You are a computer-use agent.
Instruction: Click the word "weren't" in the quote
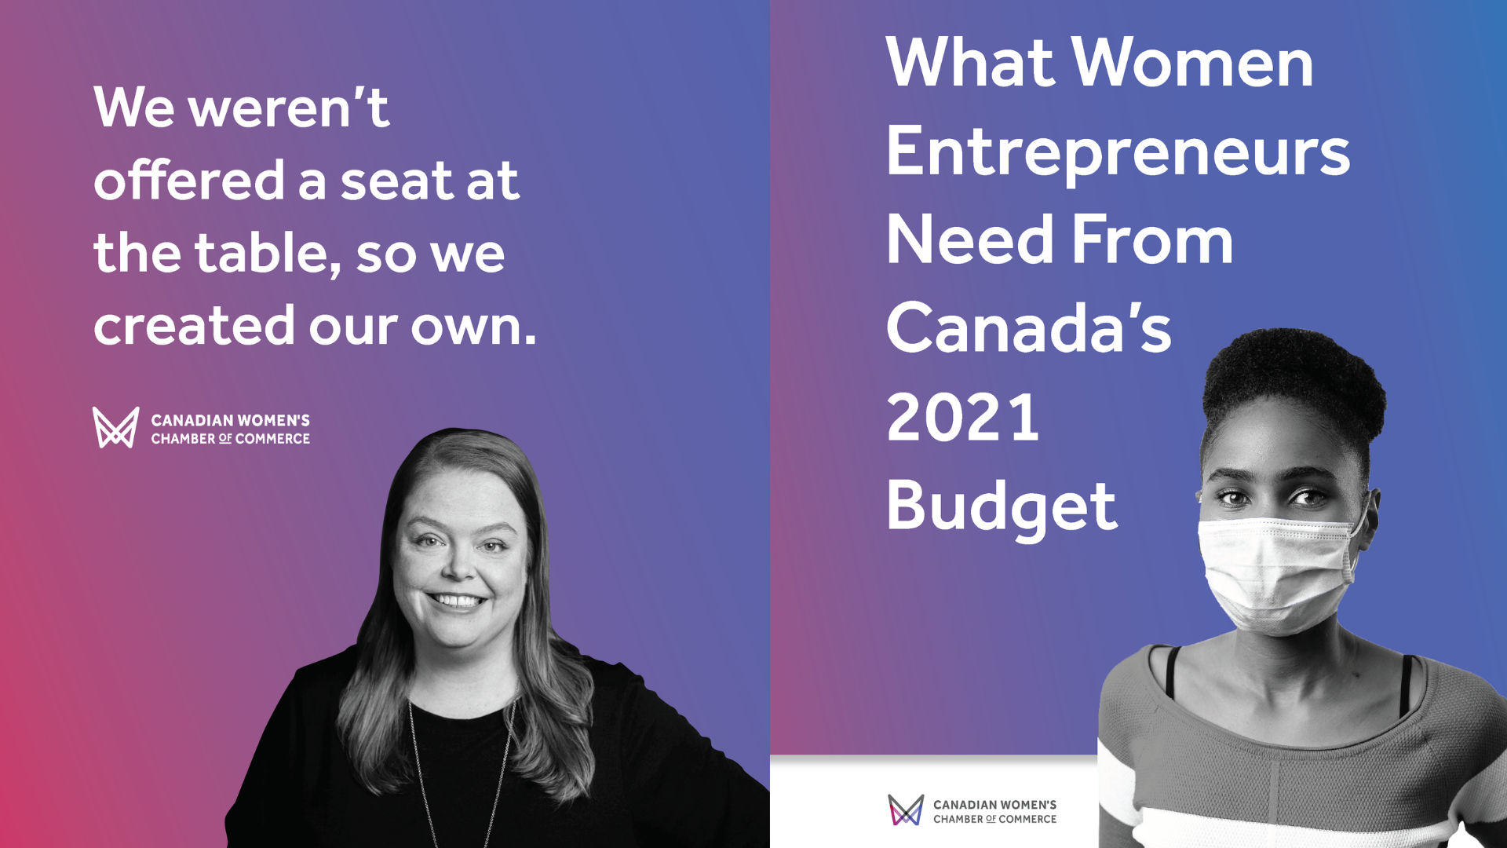[x=288, y=108]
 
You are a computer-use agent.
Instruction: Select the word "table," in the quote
[x=268, y=254]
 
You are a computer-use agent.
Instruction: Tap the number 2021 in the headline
[x=963, y=418]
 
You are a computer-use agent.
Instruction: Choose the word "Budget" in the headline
[x=1001, y=506]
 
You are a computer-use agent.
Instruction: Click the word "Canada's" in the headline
[x=1028, y=329]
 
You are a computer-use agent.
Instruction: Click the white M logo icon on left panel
[x=116, y=428]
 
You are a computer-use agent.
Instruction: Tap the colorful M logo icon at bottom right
[x=906, y=810]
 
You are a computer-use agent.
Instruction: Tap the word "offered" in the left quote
[x=188, y=181]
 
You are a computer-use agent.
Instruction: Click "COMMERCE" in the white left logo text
[x=272, y=439]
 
